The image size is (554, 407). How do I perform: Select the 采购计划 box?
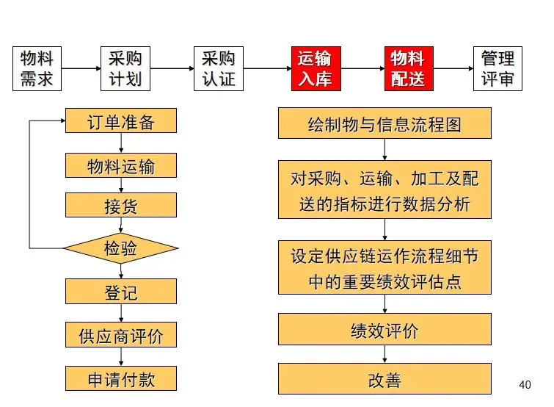(x=125, y=69)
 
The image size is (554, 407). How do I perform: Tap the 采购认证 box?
(x=218, y=69)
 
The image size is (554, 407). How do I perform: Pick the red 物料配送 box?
(x=408, y=69)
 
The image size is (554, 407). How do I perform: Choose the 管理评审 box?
(x=497, y=69)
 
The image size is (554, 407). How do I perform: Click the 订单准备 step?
(x=121, y=121)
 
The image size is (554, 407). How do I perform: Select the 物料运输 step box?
(x=121, y=165)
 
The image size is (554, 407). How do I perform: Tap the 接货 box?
(x=121, y=206)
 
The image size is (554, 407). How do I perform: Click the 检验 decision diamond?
(x=121, y=248)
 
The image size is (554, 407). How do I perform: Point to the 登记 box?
(x=121, y=292)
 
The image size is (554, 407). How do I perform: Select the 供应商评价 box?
(x=121, y=335)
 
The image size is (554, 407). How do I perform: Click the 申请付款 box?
(x=121, y=378)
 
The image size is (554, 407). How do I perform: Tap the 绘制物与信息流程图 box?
(x=384, y=123)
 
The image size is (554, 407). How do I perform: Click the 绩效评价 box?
(x=384, y=330)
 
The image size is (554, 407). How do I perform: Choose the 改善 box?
(x=384, y=379)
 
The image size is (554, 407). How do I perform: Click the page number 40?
(x=524, y=384)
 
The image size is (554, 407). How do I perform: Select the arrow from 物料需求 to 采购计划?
(x=81, y=69)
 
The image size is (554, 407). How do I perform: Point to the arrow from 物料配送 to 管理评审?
(x=453, y=69)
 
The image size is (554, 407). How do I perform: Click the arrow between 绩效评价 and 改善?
(x=384, y=355)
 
